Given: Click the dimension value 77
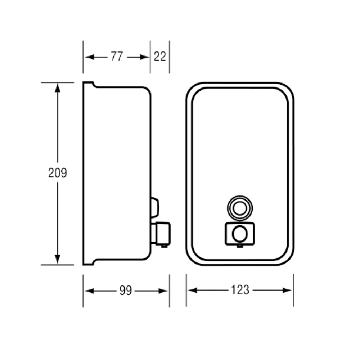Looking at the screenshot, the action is point(117,57).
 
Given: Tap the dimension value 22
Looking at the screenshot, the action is point(160,57).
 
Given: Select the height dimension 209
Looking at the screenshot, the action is point(57,173).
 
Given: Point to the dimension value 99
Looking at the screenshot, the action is point(126,291).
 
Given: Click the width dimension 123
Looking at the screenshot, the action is point(240,290).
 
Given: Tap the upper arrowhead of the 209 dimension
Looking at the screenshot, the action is point(57,88).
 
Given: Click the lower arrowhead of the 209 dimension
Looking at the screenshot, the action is point(57,259).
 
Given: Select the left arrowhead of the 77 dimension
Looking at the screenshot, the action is point(90,57).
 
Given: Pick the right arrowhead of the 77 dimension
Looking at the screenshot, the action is point(145,57).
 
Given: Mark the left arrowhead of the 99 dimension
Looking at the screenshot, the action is point(90,291).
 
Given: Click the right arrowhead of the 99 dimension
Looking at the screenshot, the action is point(163,291).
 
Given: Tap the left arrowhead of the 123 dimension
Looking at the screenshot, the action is point(193,290).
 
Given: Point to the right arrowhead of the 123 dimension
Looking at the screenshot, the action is point(287,290).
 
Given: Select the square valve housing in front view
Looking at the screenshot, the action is point(240,234).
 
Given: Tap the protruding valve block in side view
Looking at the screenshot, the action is point(163,234).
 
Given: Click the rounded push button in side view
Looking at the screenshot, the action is point(155,208).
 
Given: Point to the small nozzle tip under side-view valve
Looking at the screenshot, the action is point(164,246).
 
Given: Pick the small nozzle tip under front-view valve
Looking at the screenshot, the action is point(240,246).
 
